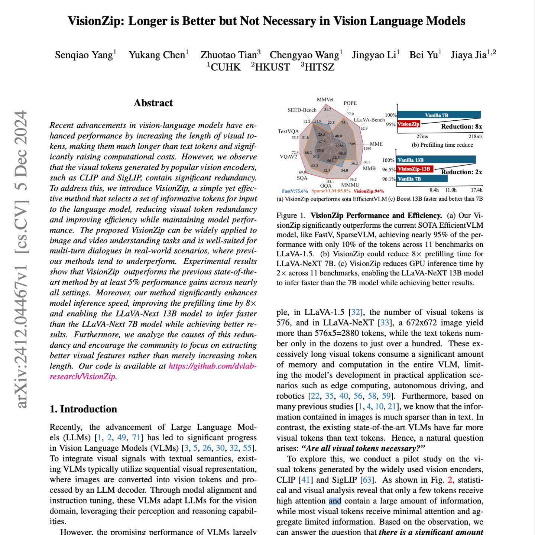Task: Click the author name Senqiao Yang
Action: [x=84, y=55]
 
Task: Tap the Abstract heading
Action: [x=153, y=103]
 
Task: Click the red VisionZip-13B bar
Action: [x=414, y=169]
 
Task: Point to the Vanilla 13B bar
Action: [x=436, y=160]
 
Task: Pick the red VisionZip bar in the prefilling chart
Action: [x=408, y=124]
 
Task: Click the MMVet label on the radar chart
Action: [x=325, y=100]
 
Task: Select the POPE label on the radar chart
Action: [x=350, y=103]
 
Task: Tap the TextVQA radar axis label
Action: [x=288, y=132]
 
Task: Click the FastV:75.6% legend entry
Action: [x=295, y=191]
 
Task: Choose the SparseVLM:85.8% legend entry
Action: [x=331, y=191]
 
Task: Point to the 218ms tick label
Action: [x=476, y=136]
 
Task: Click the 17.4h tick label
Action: [x=477, y=190]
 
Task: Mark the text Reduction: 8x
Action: [x=461, y=127]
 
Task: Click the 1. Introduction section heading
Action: [x=83, y=409]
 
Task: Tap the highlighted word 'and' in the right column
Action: [x=335, y=501]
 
